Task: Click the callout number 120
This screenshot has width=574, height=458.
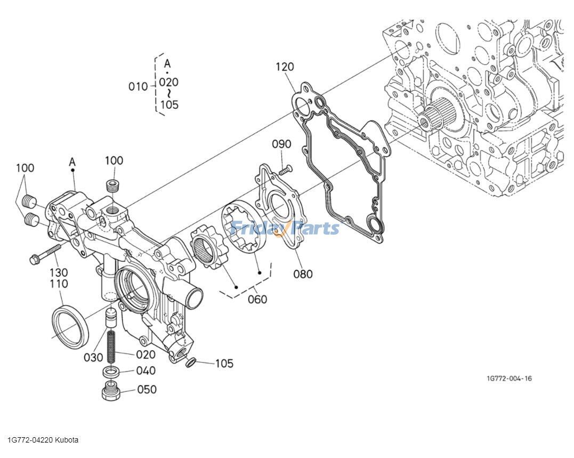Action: pos(285,67)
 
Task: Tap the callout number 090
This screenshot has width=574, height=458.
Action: pos(281,144)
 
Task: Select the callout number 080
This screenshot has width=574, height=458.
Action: pos(303,274)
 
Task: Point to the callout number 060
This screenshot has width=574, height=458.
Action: pos(257,299)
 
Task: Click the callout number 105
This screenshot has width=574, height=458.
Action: pos(224,364)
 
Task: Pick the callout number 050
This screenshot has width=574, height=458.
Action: pos(147,389)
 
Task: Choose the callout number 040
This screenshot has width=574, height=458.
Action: pos(145,371)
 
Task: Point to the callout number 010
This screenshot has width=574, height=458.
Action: pos(138,86)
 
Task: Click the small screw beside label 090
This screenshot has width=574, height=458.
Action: pos(286,170)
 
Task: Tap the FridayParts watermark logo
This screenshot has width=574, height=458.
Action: pos(284,228)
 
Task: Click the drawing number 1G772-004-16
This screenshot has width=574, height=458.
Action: pos(508,379)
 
